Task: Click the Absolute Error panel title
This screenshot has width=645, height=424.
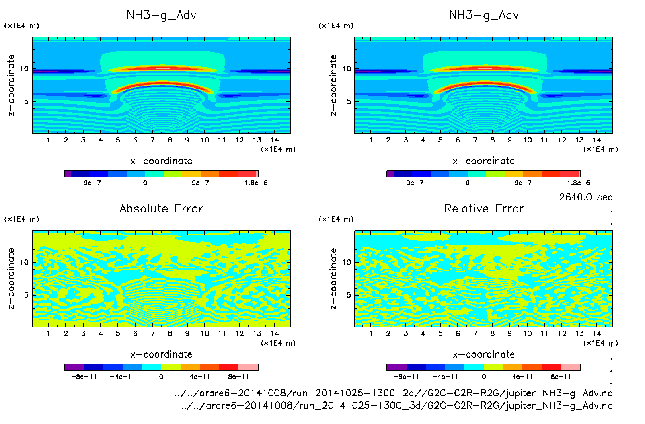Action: pyautogui.click(x=161, y=208)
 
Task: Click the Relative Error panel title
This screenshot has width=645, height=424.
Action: pyautogui.click(x=484, y=208)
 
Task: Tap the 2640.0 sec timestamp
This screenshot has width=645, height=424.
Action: pyautogui.click(x=585, y=197)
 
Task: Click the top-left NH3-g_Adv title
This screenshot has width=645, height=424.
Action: pyautogui.click(x=161, y=15)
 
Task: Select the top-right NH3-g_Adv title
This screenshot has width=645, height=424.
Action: pyautogui.click(x=484, y=15)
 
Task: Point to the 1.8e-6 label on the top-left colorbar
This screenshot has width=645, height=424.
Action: pyautogui.click(x=256, y=183)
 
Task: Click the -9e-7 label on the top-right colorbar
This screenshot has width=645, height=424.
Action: pyautogui.click(x=412, y=183)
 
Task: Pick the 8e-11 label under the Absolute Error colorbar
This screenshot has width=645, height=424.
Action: pyautogui.click(x=238, y=377)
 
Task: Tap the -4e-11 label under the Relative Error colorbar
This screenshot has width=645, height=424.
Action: pyautogui.click(x=445, y=377)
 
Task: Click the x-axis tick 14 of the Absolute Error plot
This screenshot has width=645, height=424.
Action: pyautogui.click(x=274, y=333)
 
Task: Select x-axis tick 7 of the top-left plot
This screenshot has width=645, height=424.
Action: pyautogui.click(x=152, y=140)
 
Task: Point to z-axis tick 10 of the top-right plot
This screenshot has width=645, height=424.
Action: pyautogui.click(x=347, y=69)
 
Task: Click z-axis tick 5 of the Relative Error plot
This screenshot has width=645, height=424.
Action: pyautogui.click(x=349, y=295)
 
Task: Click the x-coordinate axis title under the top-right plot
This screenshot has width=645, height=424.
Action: pyautogui.click(x=484, y=161)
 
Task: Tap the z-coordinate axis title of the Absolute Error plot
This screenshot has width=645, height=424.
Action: pyautogui.click(x=11, y=278)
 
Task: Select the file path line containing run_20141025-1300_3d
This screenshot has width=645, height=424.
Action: pyautogui.click(x=396, y=405)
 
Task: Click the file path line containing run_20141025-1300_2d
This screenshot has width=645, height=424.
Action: pyautogui.click(x=393, y=393)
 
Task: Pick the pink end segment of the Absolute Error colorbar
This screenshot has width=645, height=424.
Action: pyautogui.click(x=248, y=367)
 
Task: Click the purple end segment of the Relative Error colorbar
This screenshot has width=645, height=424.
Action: pyautogui.click(x=396, y=367)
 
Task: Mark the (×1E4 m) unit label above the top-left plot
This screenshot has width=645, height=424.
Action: pyautogui.click(x=22, y=26)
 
